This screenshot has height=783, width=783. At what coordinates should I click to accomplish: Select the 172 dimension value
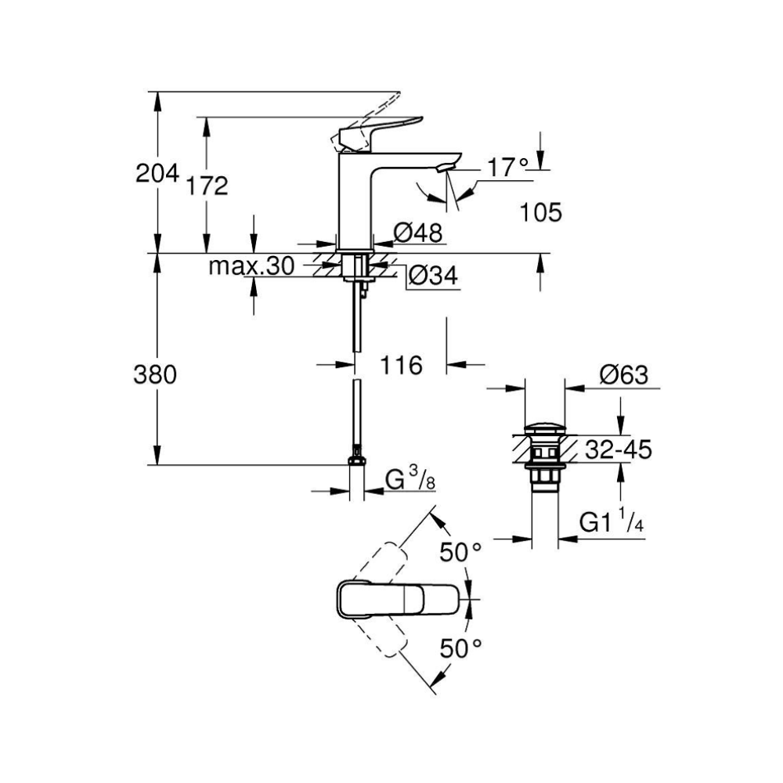coord(208,186)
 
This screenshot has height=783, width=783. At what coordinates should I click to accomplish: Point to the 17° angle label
coord(508,167)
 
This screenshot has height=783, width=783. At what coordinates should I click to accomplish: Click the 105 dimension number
coord(541,212)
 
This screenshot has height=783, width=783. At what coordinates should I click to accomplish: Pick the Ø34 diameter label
coord(433,276)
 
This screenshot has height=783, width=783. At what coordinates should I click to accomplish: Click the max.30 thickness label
coord(251,267)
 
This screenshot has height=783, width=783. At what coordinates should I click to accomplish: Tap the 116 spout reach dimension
coord(402,365)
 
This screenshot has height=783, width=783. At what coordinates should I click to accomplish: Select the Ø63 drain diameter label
coord(624,376)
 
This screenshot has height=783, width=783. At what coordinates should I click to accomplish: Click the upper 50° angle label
coord(460,553)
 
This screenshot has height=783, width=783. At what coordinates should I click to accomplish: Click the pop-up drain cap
coord(544,429)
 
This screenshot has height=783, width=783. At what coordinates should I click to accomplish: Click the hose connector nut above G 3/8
coord(357,456)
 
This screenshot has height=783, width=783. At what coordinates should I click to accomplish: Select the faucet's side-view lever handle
coord(380,129)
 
